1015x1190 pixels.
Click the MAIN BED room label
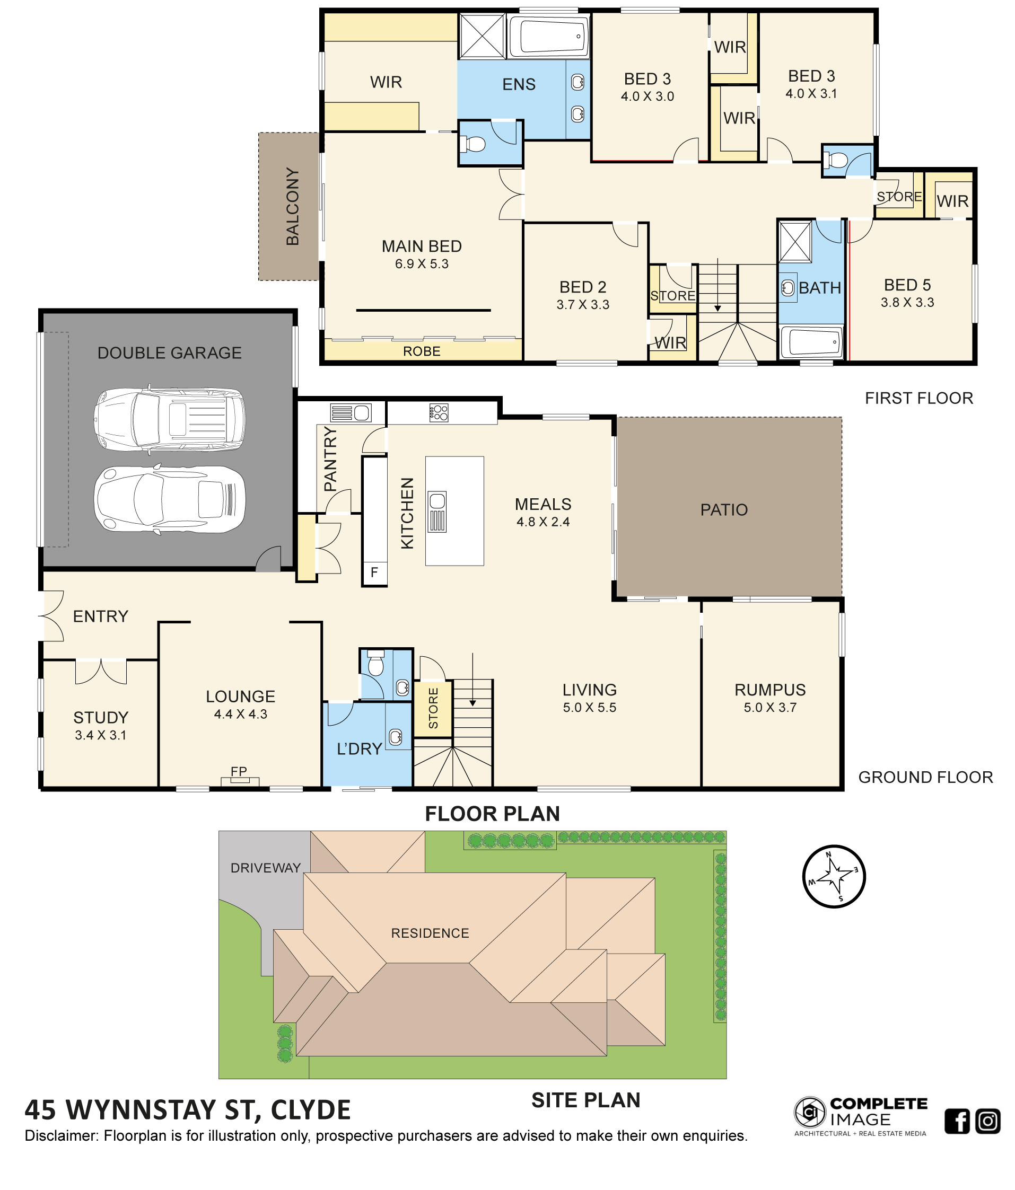coord(421,246)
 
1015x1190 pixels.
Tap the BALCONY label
coord(292,207)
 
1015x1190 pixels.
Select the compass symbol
coord(833,876)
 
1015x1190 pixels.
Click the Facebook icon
coord(957,1121)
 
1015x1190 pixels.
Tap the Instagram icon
coord(987,1121)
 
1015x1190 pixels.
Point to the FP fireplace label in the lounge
coord(239,771)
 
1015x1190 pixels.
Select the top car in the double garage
coord(170,419)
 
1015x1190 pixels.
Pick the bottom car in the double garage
coord(170,500)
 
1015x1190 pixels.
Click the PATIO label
coord(724,509)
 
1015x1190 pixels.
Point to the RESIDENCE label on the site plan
coord(430,933)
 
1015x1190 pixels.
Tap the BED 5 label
coord(907,285)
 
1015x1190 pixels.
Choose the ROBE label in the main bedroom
coord(422,351)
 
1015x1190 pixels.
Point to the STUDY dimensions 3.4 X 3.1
coord(101,735)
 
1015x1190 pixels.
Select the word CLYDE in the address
coord(310,1109)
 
